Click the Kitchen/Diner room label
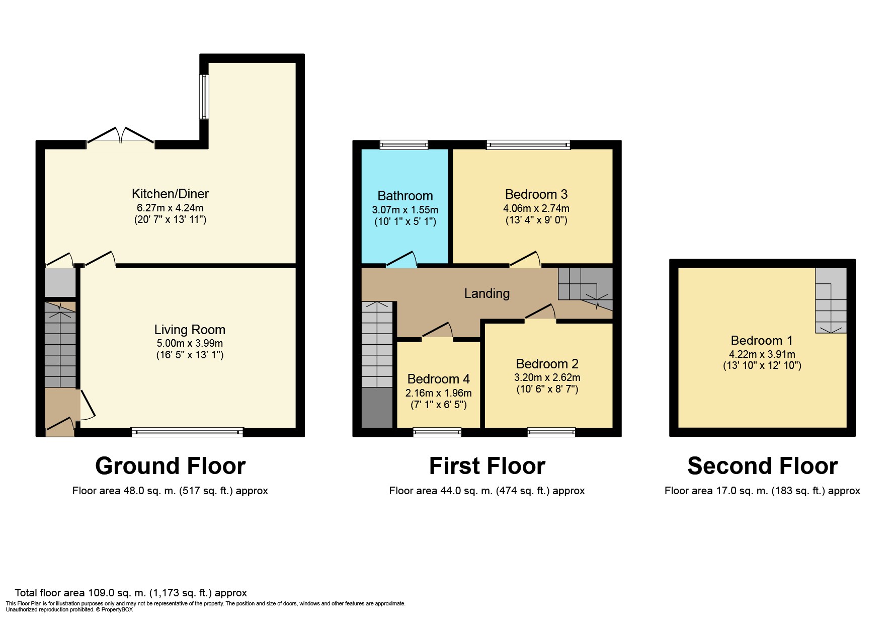(170, 194)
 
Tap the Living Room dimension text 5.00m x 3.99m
(190, 343)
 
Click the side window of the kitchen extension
(204, 97)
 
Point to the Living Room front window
(187, 432)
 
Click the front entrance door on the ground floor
(60, 426)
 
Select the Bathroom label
(405, 196)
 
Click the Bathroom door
(401, 259)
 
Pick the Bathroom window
(403, 145)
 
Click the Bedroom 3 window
(528, 145)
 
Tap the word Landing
(487, 293)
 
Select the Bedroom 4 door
(438, 331)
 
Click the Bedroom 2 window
(551, 432)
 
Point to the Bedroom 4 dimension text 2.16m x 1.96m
(438, 393)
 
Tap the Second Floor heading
(762, 466)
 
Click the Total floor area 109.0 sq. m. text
(131, 593)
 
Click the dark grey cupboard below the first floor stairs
(377, 408)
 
